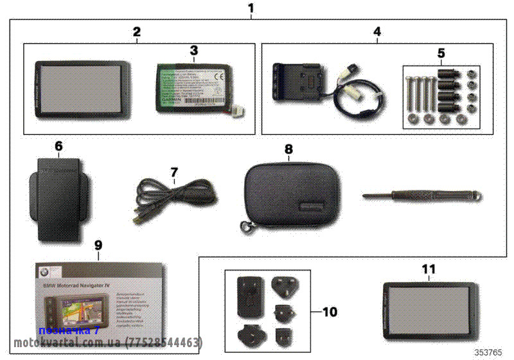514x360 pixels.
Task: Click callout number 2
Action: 136,31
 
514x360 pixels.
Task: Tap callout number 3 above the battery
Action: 194,50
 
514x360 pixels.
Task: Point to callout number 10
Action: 330,312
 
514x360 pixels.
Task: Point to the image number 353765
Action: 489,352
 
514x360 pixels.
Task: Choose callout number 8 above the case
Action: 288,148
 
